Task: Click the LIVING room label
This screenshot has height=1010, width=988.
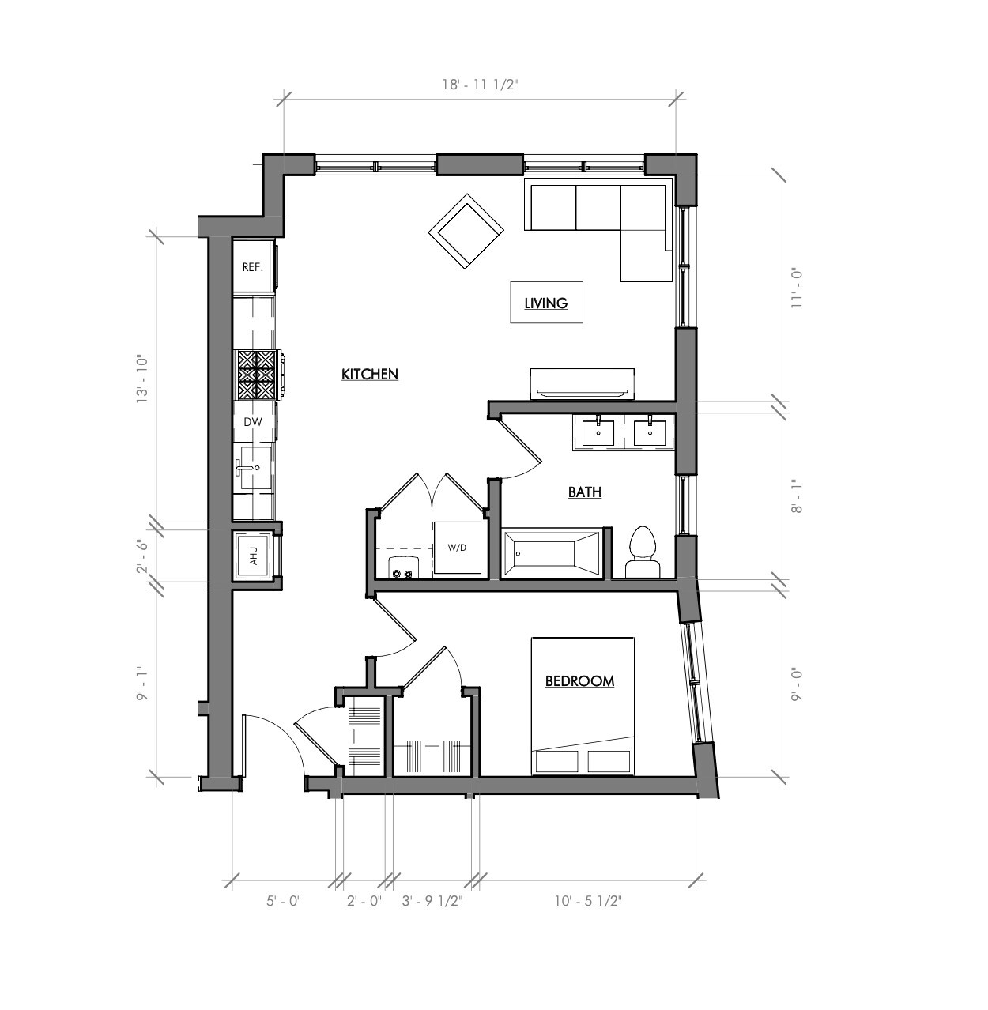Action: pos(546,303)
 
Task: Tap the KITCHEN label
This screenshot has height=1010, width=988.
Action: pos(369,375)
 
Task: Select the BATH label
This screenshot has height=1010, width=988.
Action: pos(585,492)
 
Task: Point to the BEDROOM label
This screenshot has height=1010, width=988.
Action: pos(579,681)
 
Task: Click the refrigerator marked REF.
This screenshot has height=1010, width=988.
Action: pos(253,267)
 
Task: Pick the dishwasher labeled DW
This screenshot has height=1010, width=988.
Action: pos(253,422)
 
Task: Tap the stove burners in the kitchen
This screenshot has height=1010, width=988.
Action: pos(257,375)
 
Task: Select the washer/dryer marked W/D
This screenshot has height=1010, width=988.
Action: pos(458,547)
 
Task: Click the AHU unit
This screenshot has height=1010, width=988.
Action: pos(254,556)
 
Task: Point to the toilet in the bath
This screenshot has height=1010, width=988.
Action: pos(642,552)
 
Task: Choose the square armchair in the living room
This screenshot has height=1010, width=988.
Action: pos(466,231)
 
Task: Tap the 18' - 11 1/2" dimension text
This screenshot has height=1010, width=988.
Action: pos(479,85)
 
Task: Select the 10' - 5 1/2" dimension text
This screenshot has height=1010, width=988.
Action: pos(587,901)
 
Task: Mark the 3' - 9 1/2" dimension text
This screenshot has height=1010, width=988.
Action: pos(432,901)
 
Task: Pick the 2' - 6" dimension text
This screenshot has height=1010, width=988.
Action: pos(144,556)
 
